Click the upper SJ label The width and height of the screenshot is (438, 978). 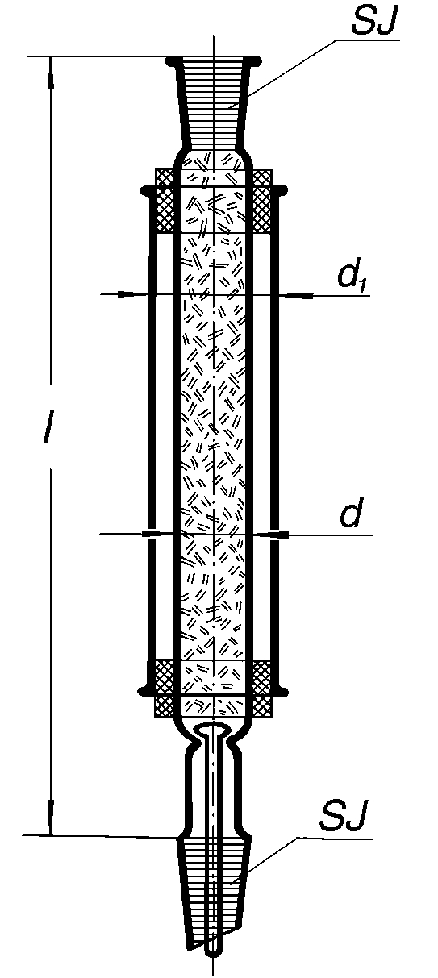pyautogui.click(x=373, y=19)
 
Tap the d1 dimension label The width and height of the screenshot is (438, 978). pyautogui.click(x=352, y=277)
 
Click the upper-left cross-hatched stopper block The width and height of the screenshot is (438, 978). pyautogui.click(x=165, y=201)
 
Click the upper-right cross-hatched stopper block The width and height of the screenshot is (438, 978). pyautogui.click(x=262, y=201)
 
